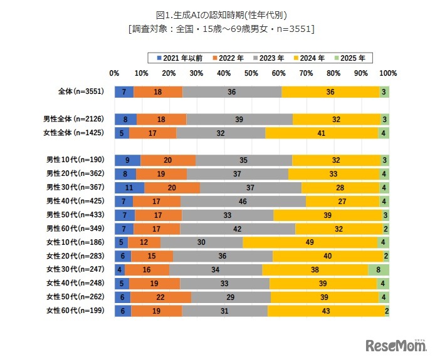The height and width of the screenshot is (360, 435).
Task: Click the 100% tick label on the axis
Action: coord(388,73)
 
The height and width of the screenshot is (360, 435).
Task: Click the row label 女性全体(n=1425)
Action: coord(76,133)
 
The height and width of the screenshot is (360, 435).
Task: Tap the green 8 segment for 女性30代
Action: coord(379,270)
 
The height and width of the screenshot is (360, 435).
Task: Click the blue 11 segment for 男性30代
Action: coord(129,187)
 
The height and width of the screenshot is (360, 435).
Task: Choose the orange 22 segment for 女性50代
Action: coord(160,297)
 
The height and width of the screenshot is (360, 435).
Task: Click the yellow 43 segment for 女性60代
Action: coord(326,311)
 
